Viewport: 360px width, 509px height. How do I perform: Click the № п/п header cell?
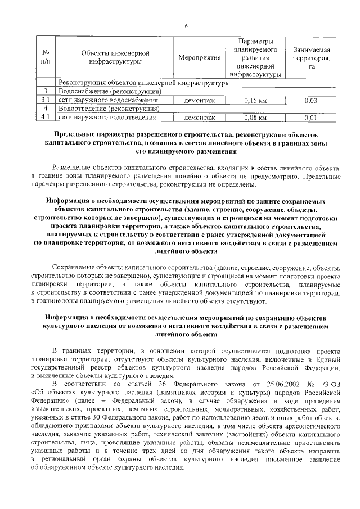pos(46,58)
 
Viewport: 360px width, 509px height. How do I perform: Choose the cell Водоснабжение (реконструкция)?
pos(110,92)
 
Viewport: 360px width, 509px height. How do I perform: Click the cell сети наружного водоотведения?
pos(107,118)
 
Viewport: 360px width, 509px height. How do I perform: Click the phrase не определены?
pos(231,184)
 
